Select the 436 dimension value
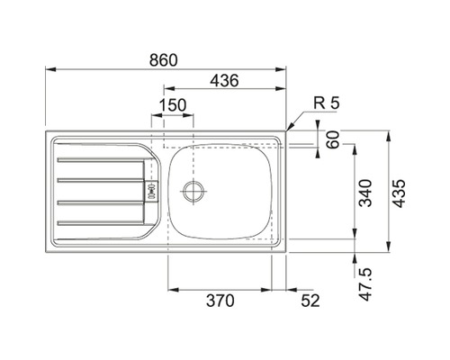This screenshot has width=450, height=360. pyautogui.click(x=223, y=81)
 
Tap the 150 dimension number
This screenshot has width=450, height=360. pyautogui.click(x=172, y=105)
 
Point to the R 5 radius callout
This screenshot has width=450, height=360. pyautogui.click(x=327, y=104)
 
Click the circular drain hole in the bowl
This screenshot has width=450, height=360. pyautogui.click(x=193, y=190)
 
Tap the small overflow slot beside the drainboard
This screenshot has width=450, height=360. pyautogui.click(x=151, y=191)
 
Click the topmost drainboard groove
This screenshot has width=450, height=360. pyautogui.click(x=97, y=160)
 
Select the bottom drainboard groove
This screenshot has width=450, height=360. pyautogui.click(x=97, y=220)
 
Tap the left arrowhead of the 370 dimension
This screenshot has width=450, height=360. pyautogui.click(x=171, y=290)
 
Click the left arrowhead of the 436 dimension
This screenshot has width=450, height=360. pyautogui.click(x=164, y=90)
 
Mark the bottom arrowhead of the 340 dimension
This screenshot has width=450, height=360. pyautogui.click(x=355, y=238)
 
